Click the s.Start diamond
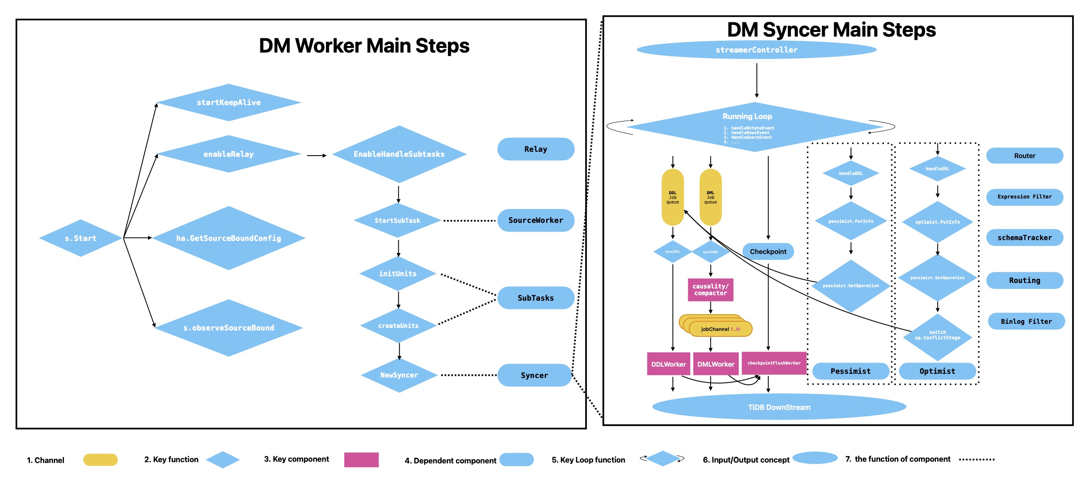(80, 238)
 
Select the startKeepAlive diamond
(228, 102)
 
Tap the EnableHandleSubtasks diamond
(399, 154)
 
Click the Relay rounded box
(535, 149)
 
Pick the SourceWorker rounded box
(535, 220)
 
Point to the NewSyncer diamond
(399, 375)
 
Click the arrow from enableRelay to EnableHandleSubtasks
(316, 156)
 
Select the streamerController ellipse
(756, 50)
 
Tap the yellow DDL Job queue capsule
(672, 197)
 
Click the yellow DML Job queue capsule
(710, 197)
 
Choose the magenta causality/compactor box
(710, 290)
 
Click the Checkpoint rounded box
(768, 251)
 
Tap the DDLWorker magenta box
(668, 364)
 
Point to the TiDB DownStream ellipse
(779, 407)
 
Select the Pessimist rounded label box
(850, 371)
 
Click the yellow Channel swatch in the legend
(100, 460)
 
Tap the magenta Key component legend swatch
(361, 460)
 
